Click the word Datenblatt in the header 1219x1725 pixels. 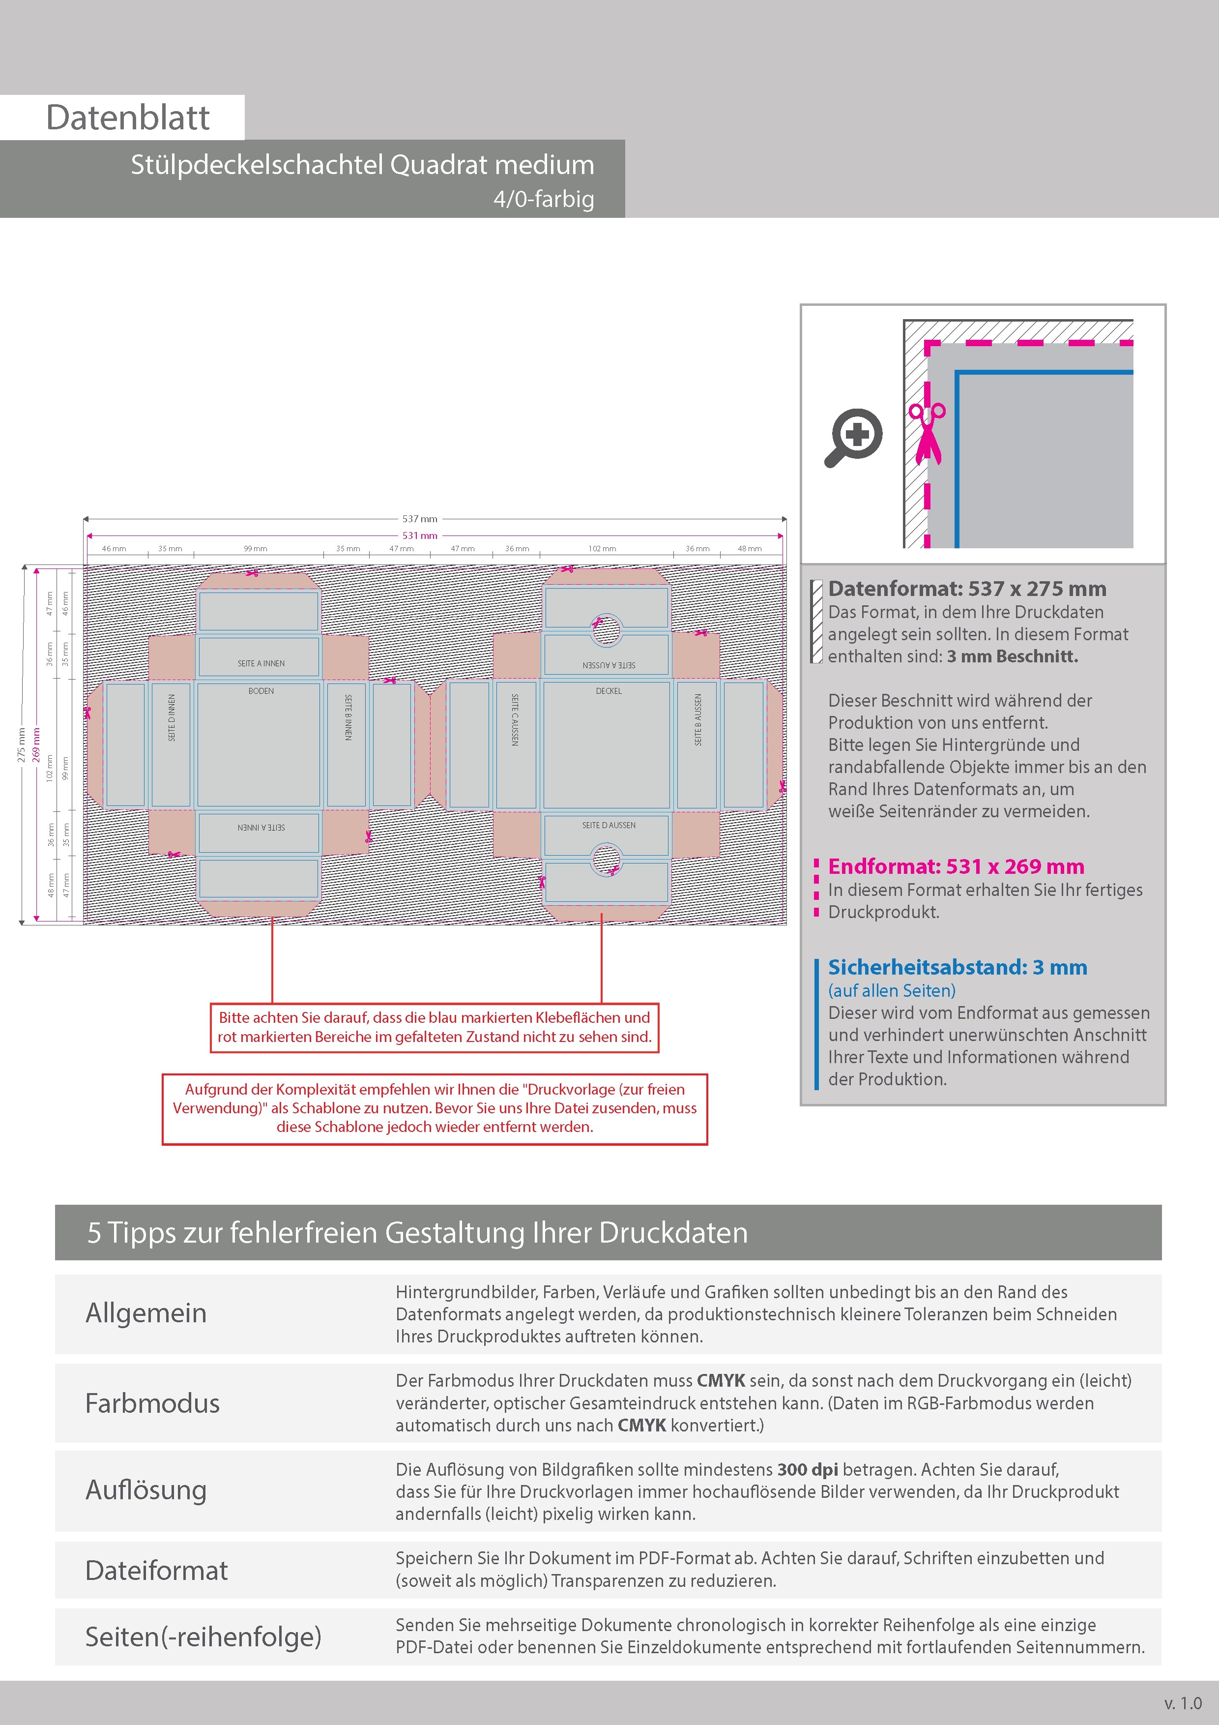point(128,118)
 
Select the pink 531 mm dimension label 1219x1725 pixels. point(419,535)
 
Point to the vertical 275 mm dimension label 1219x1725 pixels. point(22,744)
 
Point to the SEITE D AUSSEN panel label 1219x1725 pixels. point(609,825)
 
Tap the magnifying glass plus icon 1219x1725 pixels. point(855,437)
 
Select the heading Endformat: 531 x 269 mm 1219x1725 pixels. point(956,866)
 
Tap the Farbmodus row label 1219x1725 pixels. point(152,1403)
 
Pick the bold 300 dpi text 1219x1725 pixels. point(808,1470)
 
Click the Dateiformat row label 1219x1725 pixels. point(156,1570)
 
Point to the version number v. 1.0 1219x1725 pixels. point(1183,1702)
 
